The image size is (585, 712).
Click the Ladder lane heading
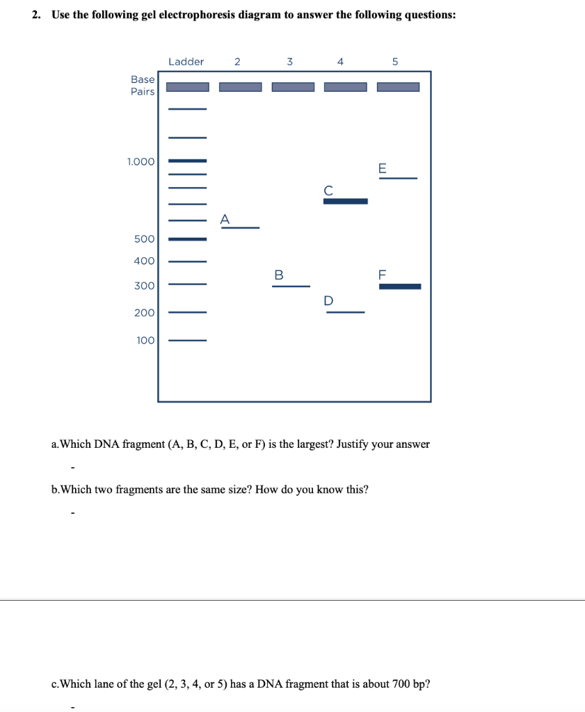[x=186, y=62]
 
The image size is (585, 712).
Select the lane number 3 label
[x=289, y=62]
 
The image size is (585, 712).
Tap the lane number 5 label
[x=394, y=62]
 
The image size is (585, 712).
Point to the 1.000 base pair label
[x=141, y=161]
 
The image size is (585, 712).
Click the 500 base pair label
[x=144, y=239]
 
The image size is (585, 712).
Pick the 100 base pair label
[x=145, y=341]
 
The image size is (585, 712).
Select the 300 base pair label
[x=145, y=286]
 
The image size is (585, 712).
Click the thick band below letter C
[x=345, y=202]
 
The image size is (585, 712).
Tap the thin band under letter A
[x=240, y=228]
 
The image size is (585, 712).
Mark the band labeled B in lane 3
[x=291, y=286]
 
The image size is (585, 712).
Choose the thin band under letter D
[x=345, y=313]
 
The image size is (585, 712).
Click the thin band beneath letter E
[x=398, y=179]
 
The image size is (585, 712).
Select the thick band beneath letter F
[x=400, y=286]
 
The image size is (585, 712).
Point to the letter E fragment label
[x=381, y=168]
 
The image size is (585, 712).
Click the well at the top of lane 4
[x=345, y=87]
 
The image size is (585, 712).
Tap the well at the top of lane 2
[x=241, y=87]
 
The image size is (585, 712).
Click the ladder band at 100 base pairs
[x=188, y=341]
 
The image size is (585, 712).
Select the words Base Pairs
[x=143, y=86]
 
